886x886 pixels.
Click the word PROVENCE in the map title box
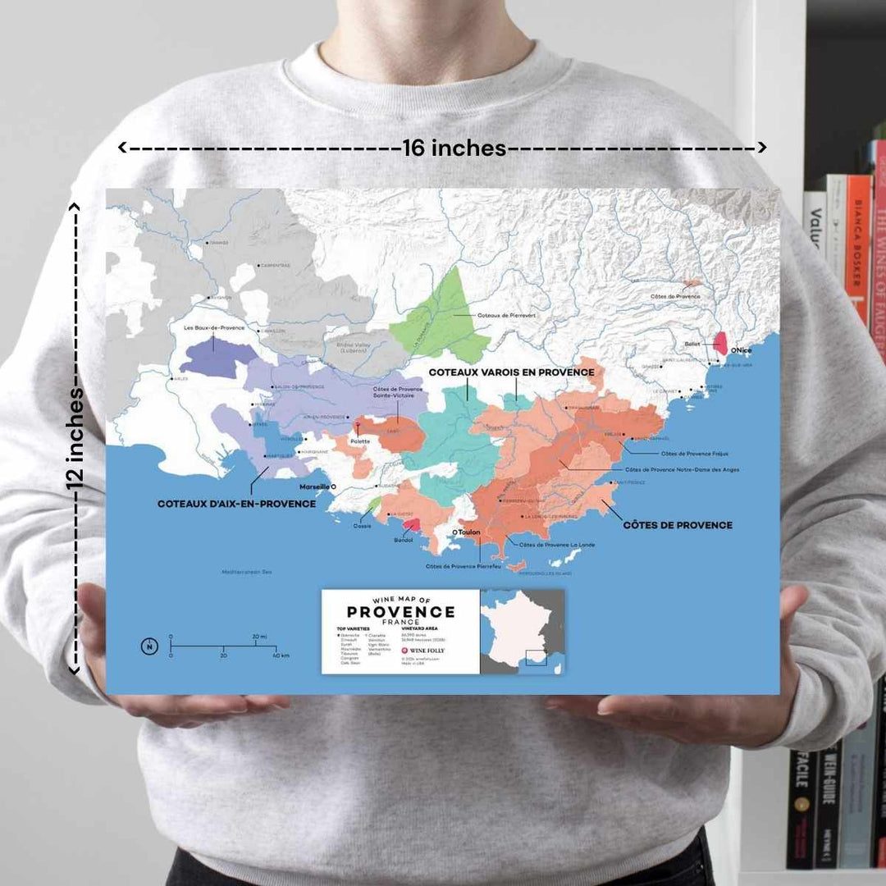[400, 612]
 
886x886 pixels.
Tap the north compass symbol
[149, 646]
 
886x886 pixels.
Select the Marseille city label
[316, 486]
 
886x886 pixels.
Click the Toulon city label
[468, 532]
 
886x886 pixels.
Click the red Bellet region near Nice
[720, 342]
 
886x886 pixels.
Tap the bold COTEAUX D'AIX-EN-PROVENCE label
[236, 504]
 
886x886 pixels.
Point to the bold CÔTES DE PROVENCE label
[678, 524]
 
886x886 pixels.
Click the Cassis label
[362, 525]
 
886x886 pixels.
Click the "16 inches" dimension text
[454, 148]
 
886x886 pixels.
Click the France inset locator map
[523, 632]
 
